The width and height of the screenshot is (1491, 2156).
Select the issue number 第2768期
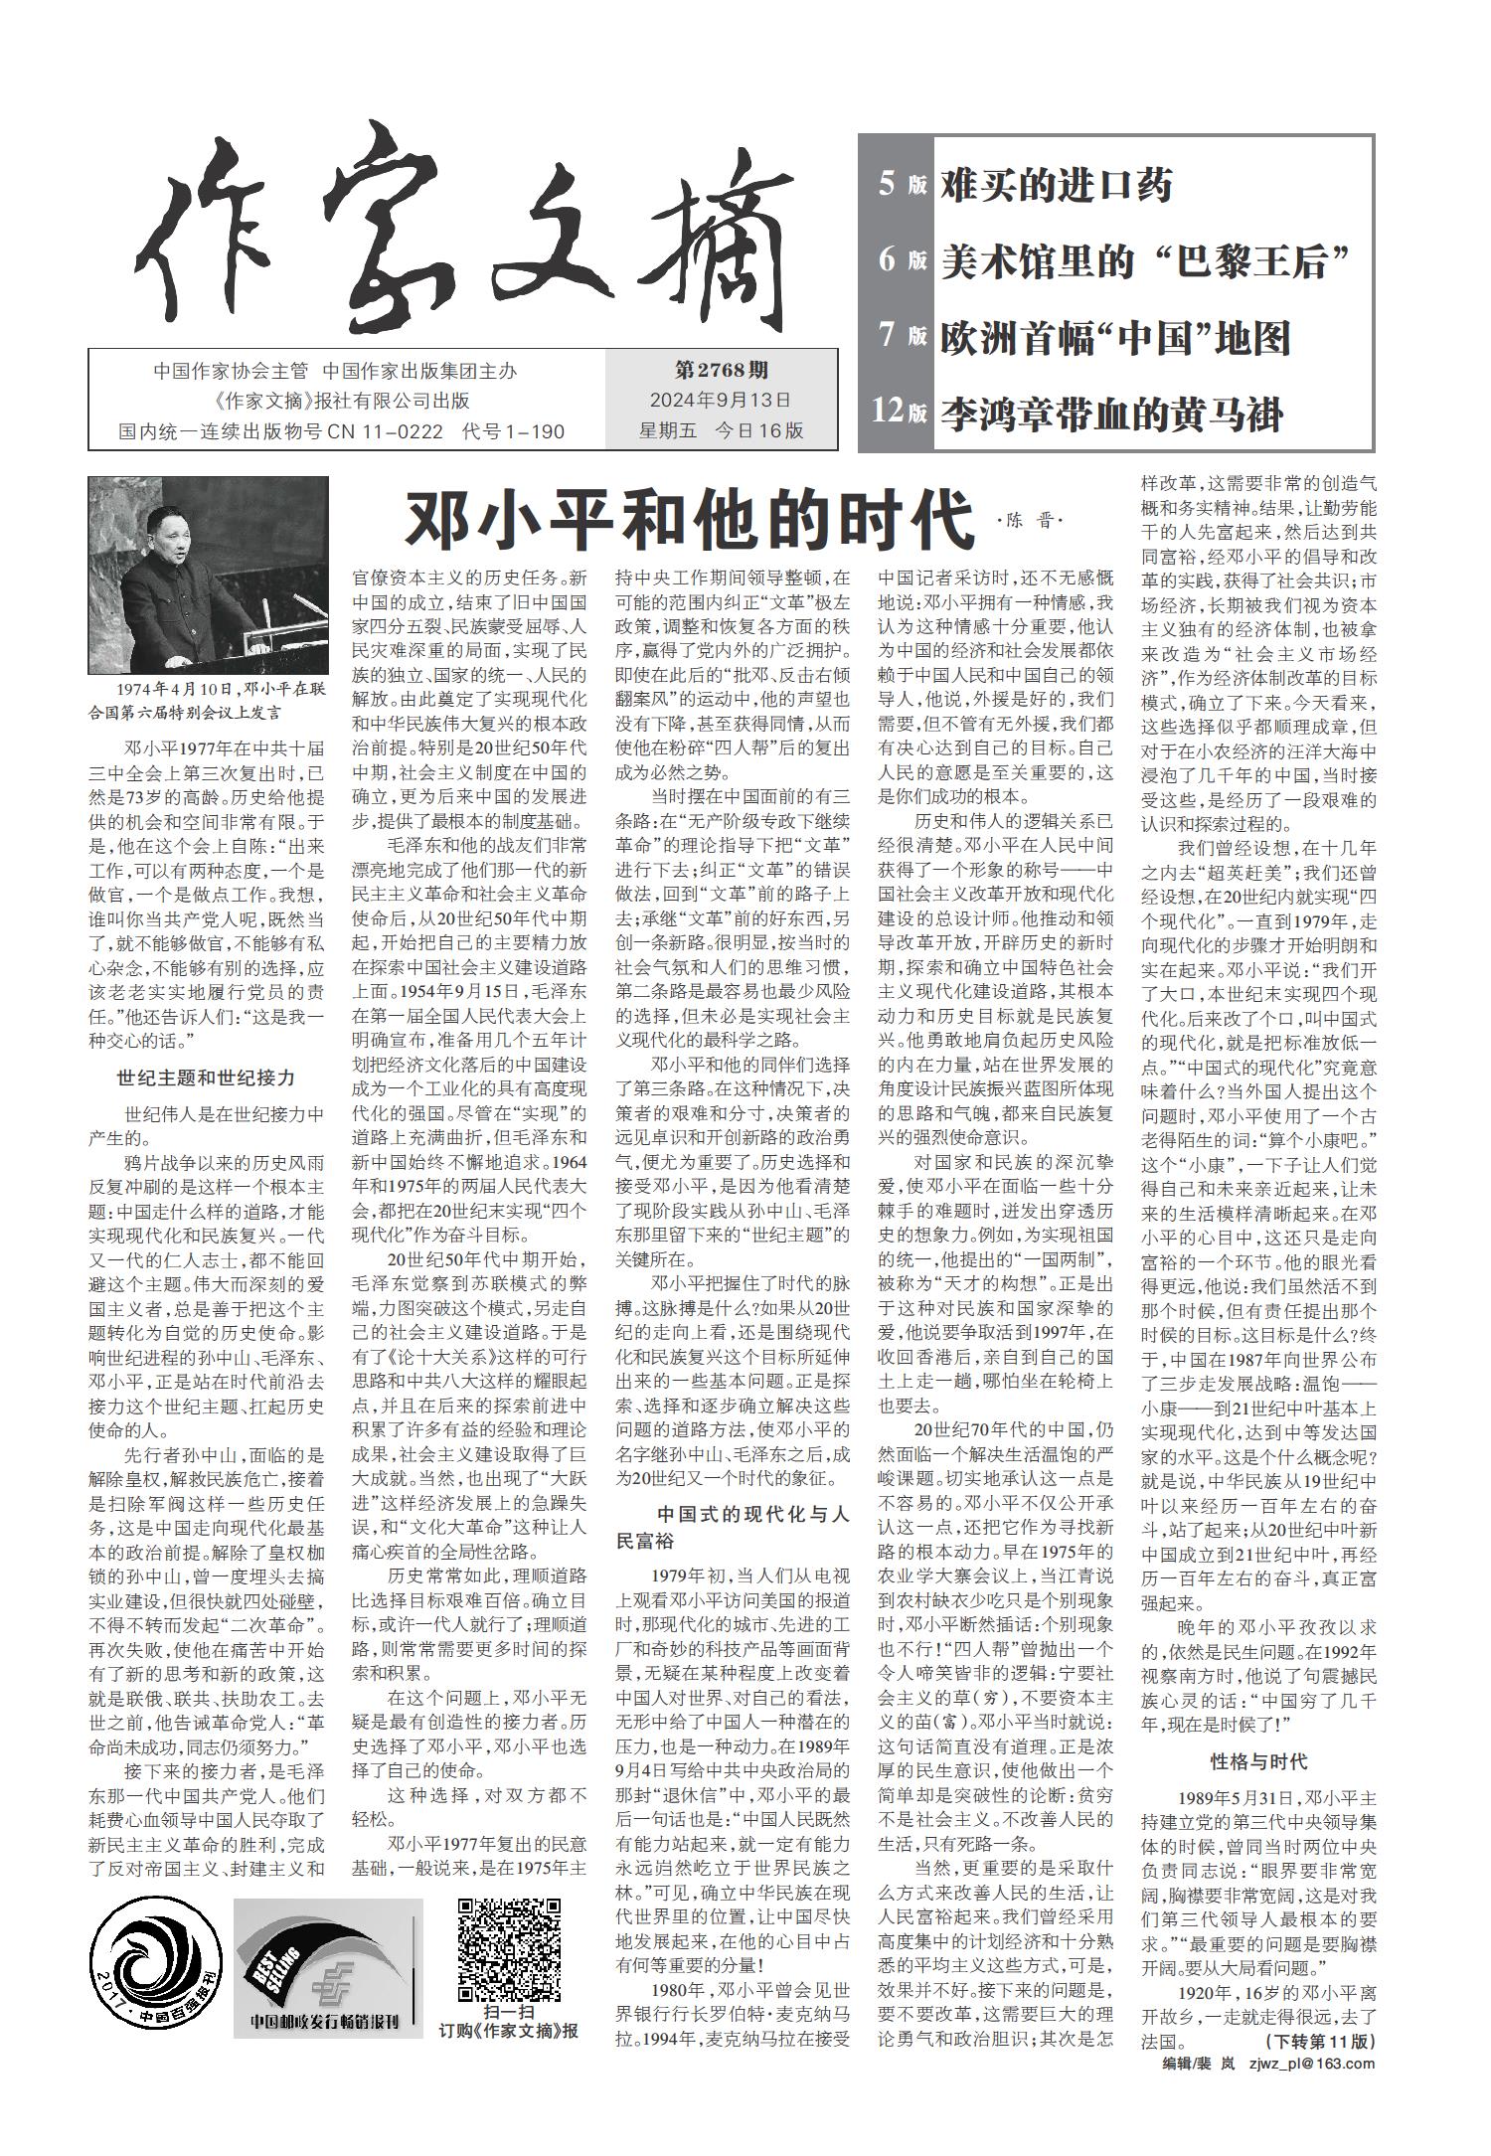721,371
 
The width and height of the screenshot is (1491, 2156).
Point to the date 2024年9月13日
721,401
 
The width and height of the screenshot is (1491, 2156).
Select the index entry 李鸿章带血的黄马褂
1112,414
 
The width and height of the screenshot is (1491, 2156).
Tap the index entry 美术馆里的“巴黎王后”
1148,261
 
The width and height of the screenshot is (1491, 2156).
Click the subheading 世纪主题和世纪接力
206,1078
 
